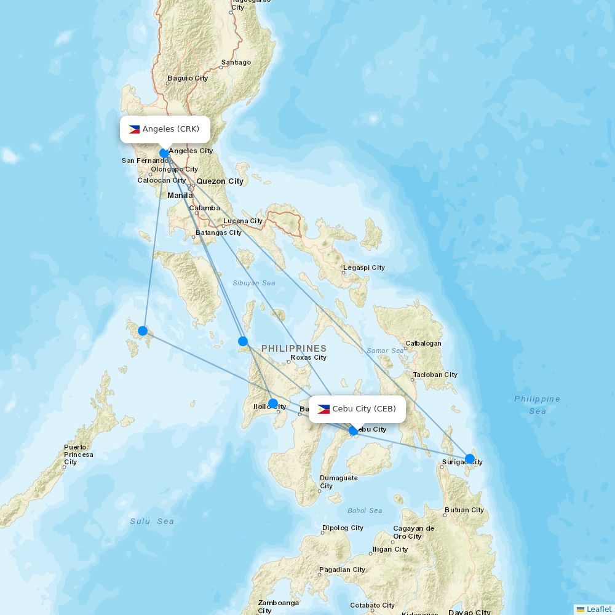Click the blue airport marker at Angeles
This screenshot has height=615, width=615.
tap(164, 153)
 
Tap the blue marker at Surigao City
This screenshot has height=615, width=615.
tap(470, 459)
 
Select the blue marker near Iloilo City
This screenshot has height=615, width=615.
tap(273, 403)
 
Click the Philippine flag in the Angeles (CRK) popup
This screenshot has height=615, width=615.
tap(134, 129)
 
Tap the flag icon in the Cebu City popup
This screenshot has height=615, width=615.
tap(323, 409)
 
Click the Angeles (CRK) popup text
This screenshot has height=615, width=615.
tap(171, 129)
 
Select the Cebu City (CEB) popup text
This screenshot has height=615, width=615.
tap(364, 409)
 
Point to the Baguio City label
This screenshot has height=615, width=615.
tap(188, 78)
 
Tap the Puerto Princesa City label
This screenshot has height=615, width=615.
tap(78, 454)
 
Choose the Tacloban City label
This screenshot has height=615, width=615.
tap(435, 375)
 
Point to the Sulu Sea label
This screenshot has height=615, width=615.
tap(152, 521)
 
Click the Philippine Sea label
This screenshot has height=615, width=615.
tap(537, 405)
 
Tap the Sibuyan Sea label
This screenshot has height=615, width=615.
tap(253, 283)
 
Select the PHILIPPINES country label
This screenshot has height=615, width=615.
tap(293, 348)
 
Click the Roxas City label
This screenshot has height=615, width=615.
tap(309, 357)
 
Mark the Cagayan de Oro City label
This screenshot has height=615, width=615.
tap(413, 532)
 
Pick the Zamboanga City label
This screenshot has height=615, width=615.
tap(278, 606)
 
